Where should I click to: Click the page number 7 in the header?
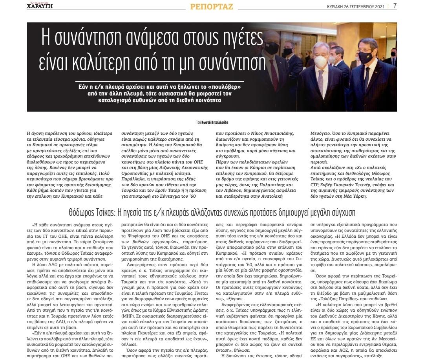pyautogui.click(x=395, y=6)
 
